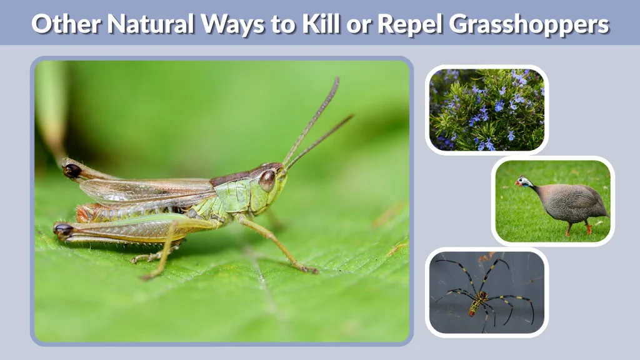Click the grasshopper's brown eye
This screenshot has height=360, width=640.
[268, 180]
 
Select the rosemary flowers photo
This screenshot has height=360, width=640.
[487, 110]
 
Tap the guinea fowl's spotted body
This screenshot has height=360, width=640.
[571, 202]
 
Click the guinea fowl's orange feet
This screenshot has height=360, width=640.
[587, 230]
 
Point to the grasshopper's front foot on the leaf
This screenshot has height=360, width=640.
[309, 269]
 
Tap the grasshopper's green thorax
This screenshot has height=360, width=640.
[234, 196]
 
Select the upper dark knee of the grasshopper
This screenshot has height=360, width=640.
[72, 169]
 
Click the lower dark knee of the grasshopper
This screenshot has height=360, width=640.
[63, 229]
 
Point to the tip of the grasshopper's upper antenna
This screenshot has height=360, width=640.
[337, 79]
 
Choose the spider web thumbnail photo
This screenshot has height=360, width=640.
[487, 292]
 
